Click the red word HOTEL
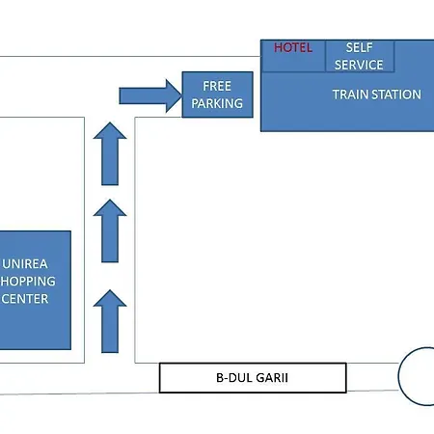(x=293, y=48)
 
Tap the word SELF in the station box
(x=360, y=47)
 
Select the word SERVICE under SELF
(x=359, y=65)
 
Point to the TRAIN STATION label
(x=377, y=95)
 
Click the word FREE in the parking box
(x=217, y=86)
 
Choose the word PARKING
(x=217, y=103)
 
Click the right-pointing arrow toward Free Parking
(x=150, y=95)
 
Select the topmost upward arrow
(x=110, y=153)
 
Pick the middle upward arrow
(x=110, y=231)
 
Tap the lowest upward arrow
(x=110, y=321)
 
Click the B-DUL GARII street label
(x=253, y=378)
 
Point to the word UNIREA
(x=25, y=264)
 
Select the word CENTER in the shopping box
(x=25, y=299)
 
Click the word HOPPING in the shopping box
(x=28, y=282)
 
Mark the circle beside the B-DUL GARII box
(x=398, y=376)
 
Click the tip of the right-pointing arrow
(x=182, y=95)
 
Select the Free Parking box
(x=218, y=95)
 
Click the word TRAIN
(x=350, y=95)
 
